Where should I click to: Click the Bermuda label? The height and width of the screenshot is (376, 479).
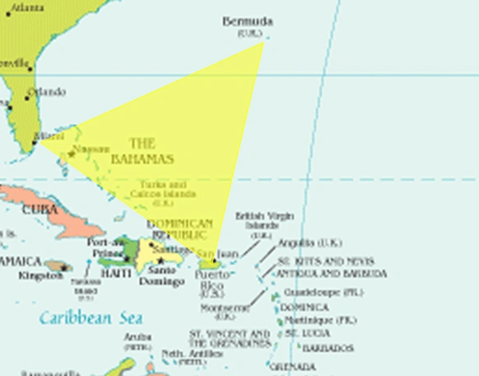pos(248,21)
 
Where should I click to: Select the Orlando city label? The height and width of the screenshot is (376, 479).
pos(46,92)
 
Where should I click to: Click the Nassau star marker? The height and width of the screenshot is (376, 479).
pos(72,154)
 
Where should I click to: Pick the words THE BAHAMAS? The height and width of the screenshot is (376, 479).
pos(142,151)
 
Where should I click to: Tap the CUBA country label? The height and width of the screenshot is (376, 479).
pos(40,209)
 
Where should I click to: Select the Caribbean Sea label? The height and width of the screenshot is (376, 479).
pos(91,317)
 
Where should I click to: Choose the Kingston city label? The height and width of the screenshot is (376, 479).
pos(40,275)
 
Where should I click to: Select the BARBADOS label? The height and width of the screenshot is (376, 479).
pos(328,349)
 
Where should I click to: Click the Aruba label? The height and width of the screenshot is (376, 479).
pos(137,337)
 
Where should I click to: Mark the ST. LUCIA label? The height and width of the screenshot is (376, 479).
pos(306,333)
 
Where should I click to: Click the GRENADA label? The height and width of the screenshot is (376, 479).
pos(291,365)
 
